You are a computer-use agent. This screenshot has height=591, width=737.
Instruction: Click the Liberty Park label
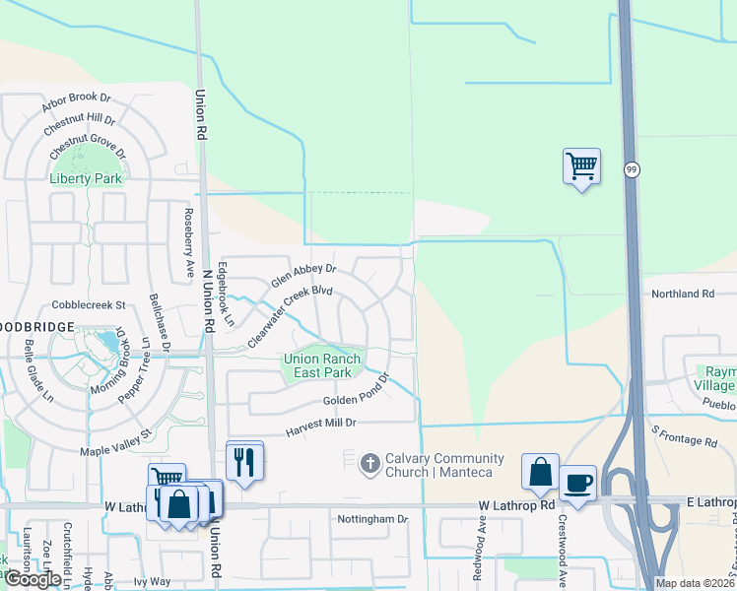87,178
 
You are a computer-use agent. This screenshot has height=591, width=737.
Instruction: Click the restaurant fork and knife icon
244,460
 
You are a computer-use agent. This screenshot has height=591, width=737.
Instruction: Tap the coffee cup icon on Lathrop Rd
578,483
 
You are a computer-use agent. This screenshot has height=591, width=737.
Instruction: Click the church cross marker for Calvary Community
369,462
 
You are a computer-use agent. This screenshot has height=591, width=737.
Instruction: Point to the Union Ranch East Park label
323,365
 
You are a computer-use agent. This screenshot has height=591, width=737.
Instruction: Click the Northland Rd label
683,294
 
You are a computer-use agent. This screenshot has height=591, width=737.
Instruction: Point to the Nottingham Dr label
372,518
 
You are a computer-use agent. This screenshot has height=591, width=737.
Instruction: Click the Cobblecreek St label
90,305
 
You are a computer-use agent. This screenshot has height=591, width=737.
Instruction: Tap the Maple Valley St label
116,441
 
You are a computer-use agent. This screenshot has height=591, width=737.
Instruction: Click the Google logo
33,579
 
